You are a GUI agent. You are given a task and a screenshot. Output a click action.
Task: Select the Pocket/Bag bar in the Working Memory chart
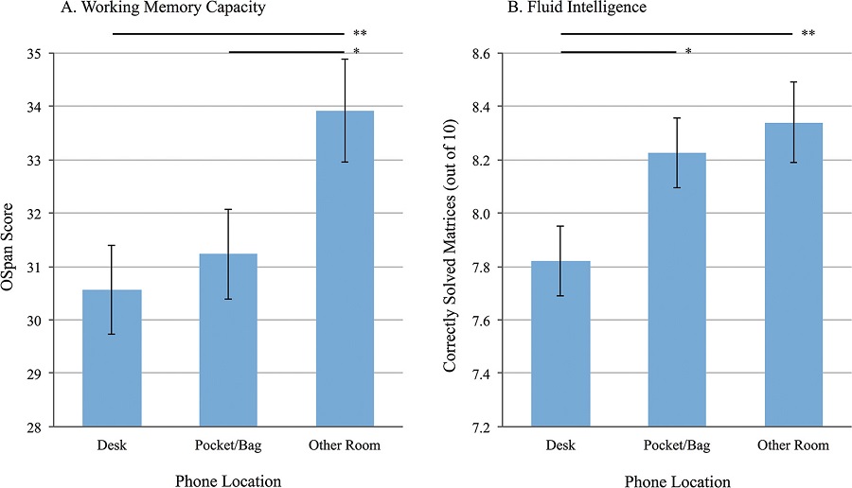click(228, 340)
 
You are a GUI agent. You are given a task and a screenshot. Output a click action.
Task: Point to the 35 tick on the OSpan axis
click(43, 54)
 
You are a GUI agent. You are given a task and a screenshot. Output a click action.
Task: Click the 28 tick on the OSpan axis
click(43, 427)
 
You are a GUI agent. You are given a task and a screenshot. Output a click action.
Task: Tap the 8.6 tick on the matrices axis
click(489, 54)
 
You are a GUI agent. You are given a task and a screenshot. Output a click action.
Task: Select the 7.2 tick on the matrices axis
click(489, 427)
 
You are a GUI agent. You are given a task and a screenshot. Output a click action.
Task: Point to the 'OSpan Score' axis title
click(16, 240)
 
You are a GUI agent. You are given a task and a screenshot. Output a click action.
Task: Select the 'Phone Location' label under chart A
click(228, 480)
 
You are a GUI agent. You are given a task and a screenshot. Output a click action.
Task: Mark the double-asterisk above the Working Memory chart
click(360, 34)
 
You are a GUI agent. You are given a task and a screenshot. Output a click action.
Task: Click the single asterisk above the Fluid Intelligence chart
click(688, 51)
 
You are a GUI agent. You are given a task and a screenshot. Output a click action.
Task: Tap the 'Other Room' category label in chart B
click(793, 444)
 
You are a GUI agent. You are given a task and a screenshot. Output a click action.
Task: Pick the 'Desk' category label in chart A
click(112, 444)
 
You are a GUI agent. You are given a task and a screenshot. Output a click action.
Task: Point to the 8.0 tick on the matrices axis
click(489, 214)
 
